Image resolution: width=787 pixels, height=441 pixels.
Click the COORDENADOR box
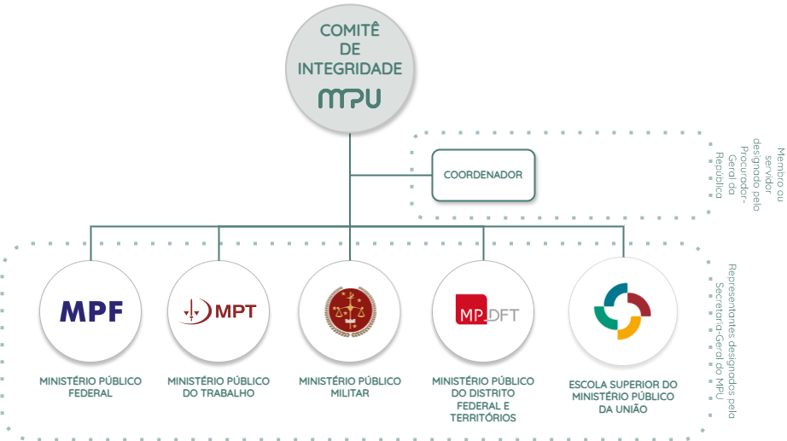[x=483, y=176]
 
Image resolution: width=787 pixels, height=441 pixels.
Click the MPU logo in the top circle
[x=349, y=98]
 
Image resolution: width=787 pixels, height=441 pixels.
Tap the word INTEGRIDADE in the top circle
[x=350, y=68]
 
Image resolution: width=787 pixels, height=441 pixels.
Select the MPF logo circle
[x=91, y=310]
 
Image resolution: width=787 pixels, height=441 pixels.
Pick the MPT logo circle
[x=219, y=310]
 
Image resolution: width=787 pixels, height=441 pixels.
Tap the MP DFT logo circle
[x=485, y=310]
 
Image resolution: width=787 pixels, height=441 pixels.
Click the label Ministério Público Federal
[x=90, y=387]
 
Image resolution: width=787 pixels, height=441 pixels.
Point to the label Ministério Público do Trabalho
[x=219, y=387]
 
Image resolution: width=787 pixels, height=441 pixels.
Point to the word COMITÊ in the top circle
[x=350, y=31]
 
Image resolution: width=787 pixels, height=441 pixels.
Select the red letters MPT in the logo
[x=236, y=310]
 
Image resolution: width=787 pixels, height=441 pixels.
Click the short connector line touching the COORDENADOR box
[x=390, y=176]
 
